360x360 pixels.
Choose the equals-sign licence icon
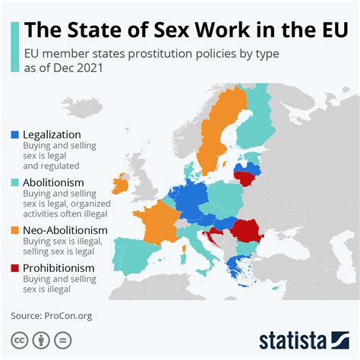(65, 339)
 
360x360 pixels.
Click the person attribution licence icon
(42, 339)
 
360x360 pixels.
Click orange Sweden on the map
(214, 144)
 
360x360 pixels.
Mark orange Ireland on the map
(120, 185)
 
